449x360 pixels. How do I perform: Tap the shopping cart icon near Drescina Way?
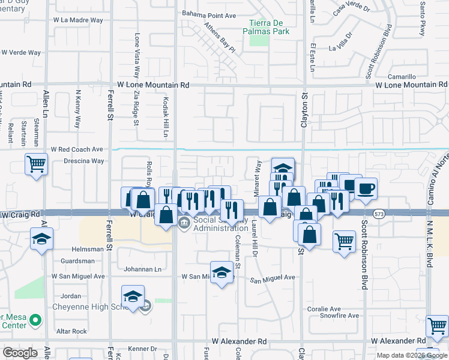pyautogui.click(x=37, y=164)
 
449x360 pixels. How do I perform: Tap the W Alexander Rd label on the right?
pyautogui.click(x=399, y=341)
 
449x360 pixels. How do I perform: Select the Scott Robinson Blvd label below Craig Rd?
pyautogui.click(x=364, y=258)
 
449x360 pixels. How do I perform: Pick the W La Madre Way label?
pyautogui.click(x=78, y=20)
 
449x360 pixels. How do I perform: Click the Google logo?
pyautogui.click(x=19, y=352)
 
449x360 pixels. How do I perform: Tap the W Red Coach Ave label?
pyautogui.click(x=77, y=149)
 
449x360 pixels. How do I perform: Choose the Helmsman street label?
pyautogui.click(x=70, y=249)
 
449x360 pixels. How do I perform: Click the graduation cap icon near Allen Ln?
pyautogui.click(x=43, y=239)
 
